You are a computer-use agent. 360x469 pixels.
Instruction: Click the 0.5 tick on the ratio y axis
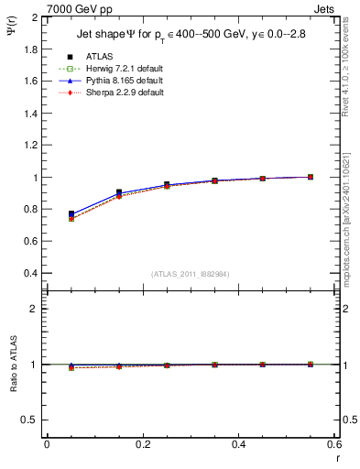coord(29,420)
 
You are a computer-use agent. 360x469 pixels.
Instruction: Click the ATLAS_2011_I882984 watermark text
coord(190,274)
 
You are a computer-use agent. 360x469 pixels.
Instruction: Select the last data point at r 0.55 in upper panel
coord(311,177)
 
